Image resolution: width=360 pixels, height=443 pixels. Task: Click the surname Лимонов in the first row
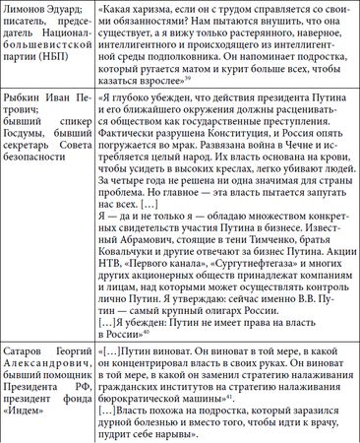(x=29, y=9)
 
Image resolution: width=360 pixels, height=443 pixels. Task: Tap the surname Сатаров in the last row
(x=30, y=405)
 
